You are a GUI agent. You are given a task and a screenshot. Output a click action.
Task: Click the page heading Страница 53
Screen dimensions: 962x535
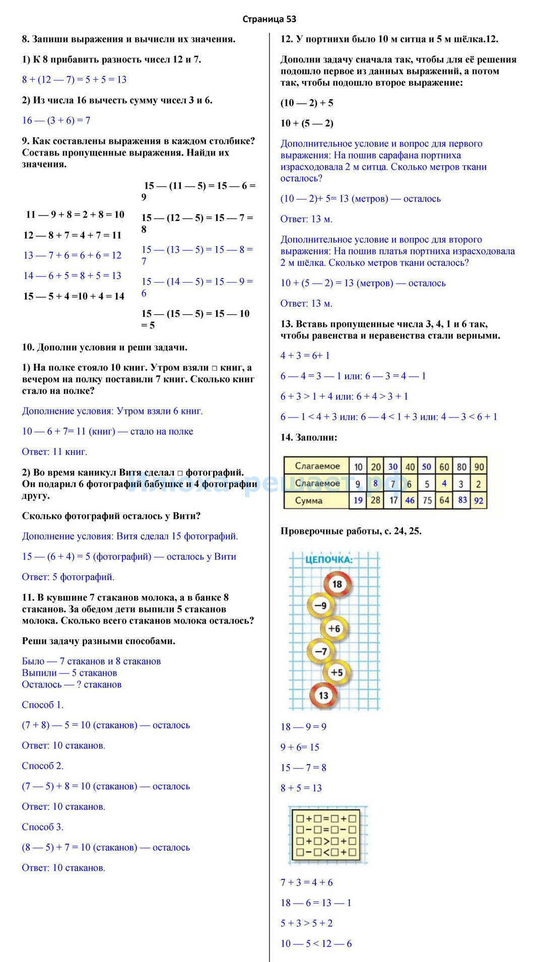(269, 19)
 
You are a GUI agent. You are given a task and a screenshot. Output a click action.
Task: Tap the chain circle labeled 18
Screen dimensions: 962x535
(337, 584)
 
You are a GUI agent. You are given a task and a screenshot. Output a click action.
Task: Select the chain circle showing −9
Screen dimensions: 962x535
(320, 605)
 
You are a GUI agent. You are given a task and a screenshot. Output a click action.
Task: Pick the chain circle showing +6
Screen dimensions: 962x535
(335, 628)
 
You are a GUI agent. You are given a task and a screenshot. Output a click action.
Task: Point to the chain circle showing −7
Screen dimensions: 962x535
(320, 651)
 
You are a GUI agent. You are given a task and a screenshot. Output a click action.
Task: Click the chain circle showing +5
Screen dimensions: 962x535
(336, 672)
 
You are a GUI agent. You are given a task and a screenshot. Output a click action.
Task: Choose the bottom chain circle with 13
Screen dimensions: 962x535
(323, 695)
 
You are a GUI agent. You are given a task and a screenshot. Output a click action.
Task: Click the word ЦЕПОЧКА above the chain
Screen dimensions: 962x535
(329, 560)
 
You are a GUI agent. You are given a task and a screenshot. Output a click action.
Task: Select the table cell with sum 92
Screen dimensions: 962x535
(479, 501)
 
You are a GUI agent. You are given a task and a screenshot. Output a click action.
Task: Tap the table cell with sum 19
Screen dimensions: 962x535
(358, 500)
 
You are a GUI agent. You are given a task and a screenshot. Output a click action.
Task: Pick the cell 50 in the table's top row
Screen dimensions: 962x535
(426, 466)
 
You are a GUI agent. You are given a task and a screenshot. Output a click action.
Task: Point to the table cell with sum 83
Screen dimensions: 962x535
(462, 500)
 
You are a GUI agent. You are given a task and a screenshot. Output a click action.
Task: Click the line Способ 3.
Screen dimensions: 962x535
(43, 827)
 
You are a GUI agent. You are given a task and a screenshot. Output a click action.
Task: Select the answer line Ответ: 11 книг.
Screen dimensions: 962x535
(54, 452)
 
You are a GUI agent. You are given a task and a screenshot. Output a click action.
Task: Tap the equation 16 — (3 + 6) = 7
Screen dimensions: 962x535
(56, 120)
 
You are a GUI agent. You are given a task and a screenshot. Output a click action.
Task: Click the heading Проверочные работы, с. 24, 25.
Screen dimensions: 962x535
(351, 531)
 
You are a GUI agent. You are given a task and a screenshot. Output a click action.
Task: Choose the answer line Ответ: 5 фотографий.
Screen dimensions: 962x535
(68, 577)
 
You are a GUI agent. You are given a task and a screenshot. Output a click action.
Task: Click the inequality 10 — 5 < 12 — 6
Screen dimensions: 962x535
(316, 944)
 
